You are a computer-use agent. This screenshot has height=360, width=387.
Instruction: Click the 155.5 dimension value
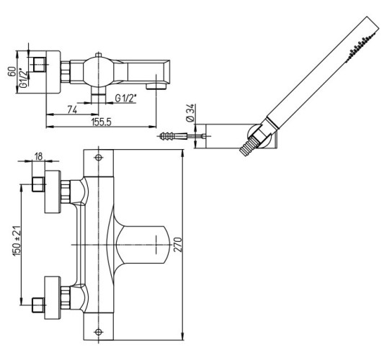pos(102,122)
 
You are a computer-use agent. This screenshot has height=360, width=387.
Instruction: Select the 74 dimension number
pos(72,109)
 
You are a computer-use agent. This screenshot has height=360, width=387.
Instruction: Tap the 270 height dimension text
pos(178,244)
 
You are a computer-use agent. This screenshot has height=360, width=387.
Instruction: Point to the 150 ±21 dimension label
pos(17,241)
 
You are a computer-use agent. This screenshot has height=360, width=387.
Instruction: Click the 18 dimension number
pos(38,156)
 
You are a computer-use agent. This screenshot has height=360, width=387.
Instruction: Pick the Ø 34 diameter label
pos(190,113)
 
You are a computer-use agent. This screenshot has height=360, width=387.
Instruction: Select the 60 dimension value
pos(12,72)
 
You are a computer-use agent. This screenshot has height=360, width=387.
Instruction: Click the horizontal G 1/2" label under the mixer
pos(125,99)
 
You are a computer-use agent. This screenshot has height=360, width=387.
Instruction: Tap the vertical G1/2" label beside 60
pos(23,78)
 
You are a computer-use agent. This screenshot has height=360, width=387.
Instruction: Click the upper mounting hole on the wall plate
pos(99,157)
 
